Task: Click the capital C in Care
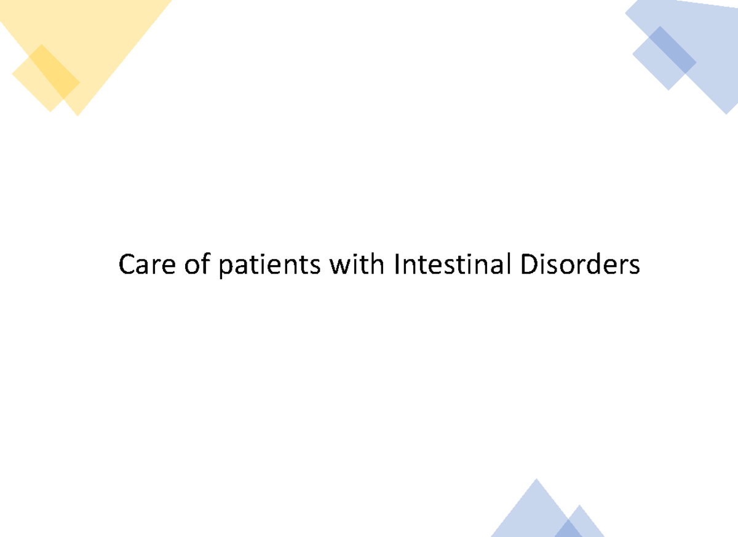[x=126, y=266]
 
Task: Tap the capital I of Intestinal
[x=397, y=266]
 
